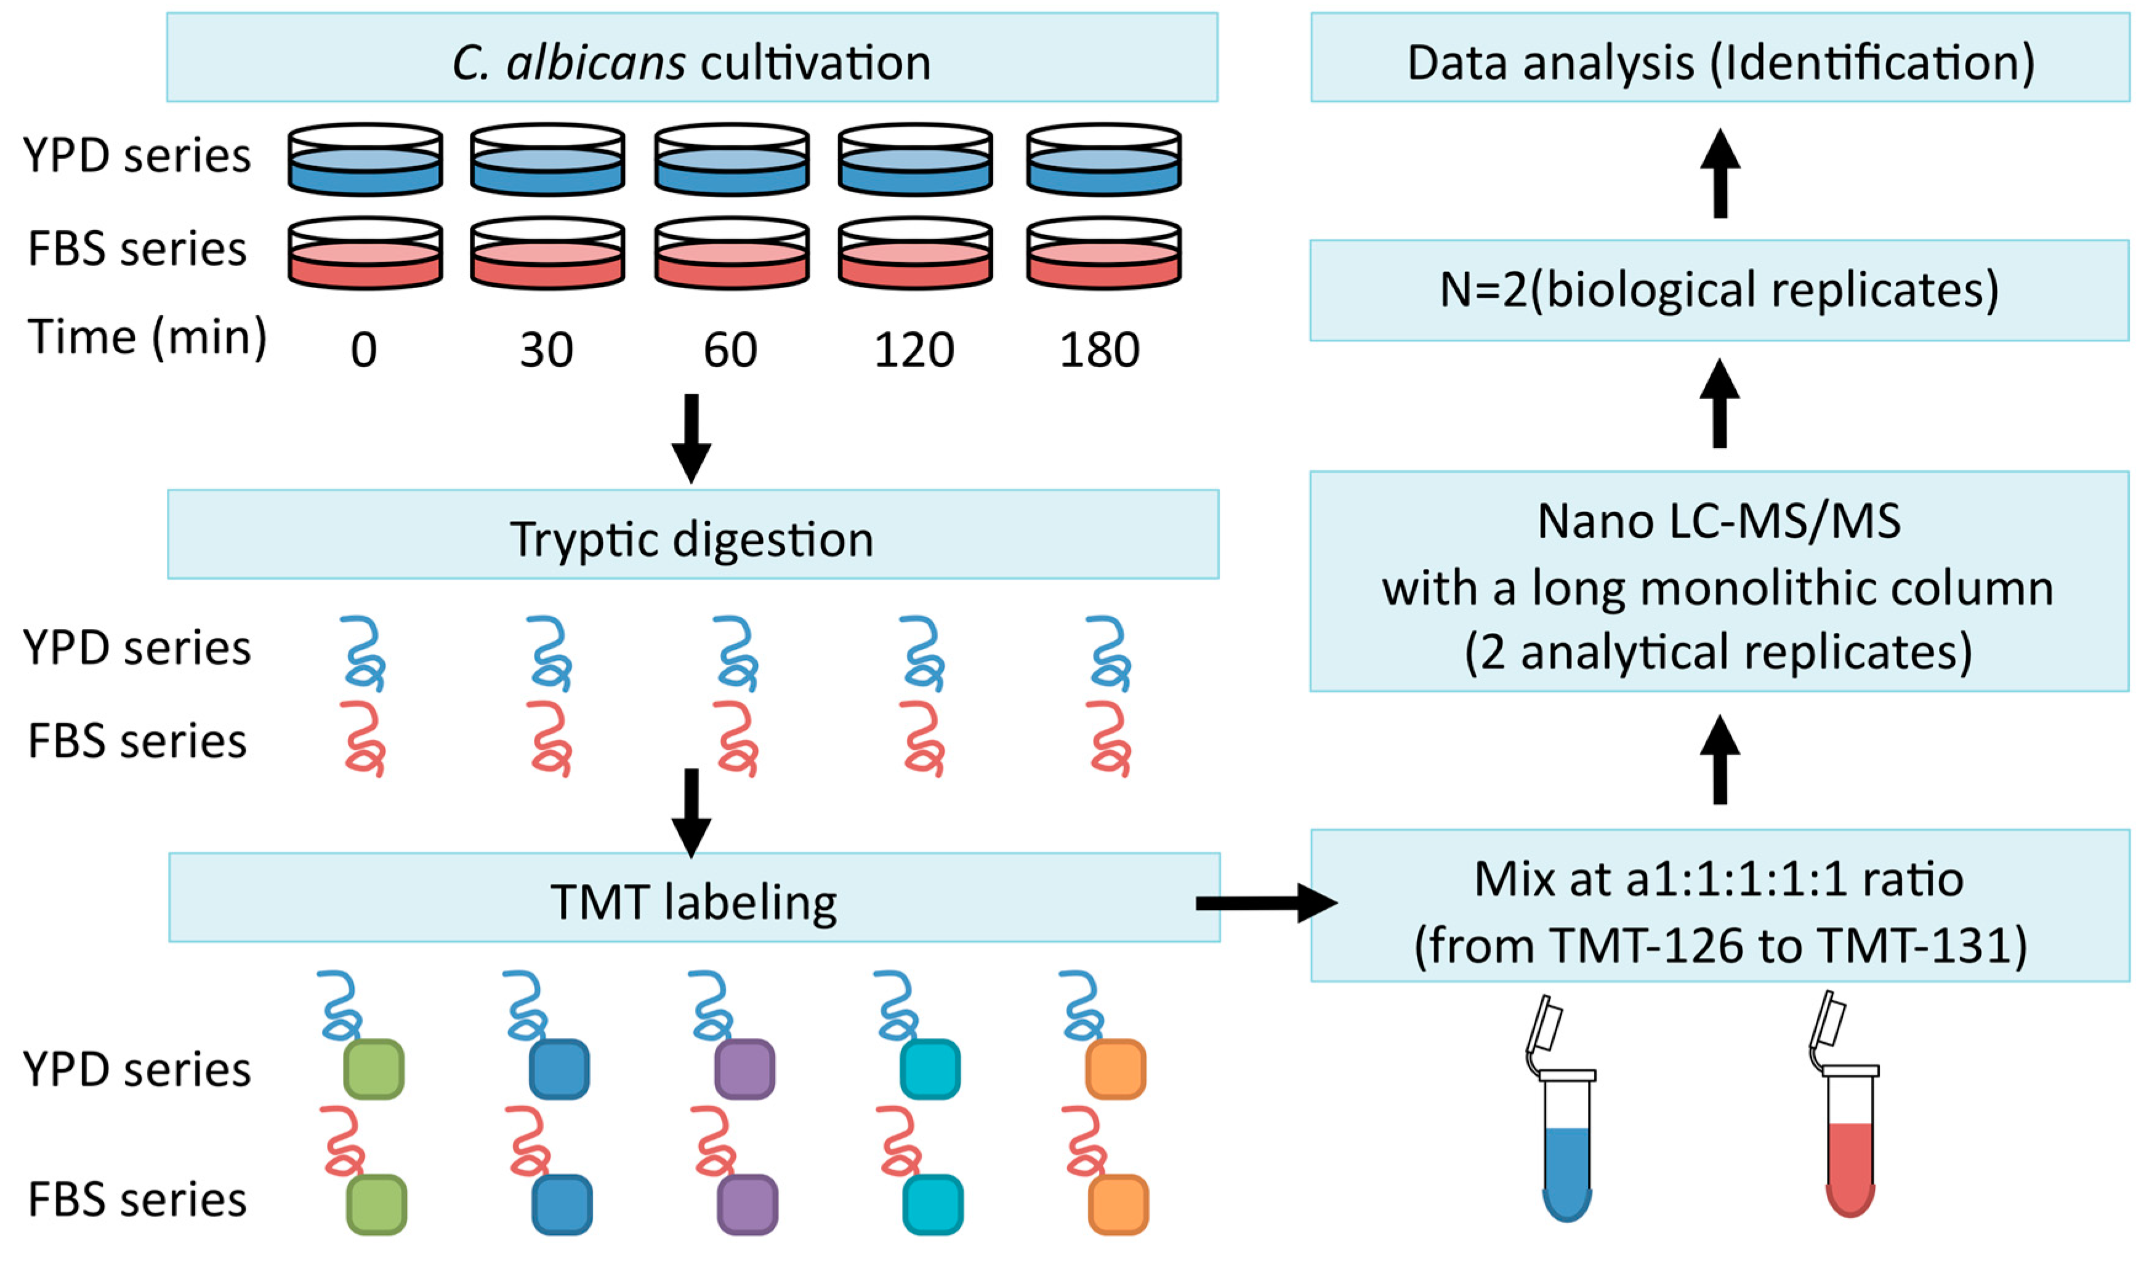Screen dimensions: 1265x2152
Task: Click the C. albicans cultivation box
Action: click(x=691, y=58)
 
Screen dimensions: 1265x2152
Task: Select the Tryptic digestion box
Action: click(x=693, y=535)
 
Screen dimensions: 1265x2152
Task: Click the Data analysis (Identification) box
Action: click(x=1719, y=58)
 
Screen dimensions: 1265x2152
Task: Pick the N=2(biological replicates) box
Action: click(x=1719, y=290)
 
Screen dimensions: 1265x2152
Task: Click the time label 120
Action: click(x=914, y=350)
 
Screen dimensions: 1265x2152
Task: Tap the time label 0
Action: click(x=364, y=350)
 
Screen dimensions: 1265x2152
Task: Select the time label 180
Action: click(x=1100, y=350)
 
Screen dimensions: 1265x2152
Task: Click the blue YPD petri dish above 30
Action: click(x=547, y=161)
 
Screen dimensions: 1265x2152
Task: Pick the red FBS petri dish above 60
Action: click(x=732, y=254)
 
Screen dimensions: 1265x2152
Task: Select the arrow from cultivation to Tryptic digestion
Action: click(x=691, y=438)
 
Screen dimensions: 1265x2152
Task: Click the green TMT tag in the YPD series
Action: click(x=374, y=1069)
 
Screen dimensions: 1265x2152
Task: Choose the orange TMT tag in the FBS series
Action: click(x=1118, y=1205)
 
